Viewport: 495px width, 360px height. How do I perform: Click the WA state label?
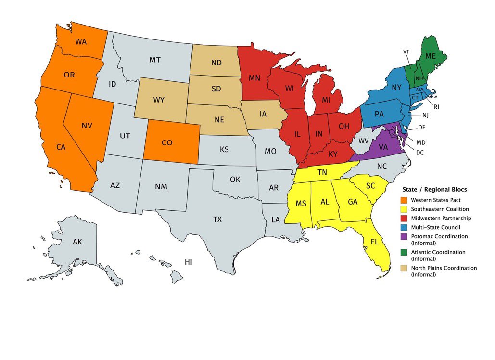81,41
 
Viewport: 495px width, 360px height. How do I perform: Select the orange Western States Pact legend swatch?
406,200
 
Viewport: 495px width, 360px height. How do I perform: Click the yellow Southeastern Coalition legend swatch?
406,209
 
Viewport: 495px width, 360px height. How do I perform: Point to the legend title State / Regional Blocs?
434,190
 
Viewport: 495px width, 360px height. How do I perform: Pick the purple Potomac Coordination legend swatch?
406,236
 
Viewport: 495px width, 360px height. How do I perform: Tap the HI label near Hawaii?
189,262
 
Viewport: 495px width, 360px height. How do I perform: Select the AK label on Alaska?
77,242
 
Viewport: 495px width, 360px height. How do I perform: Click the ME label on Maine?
431,56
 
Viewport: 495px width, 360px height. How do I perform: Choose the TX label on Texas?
217,219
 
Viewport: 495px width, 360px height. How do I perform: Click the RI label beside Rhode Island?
436,107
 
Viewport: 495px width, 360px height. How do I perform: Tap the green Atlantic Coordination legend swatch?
406,252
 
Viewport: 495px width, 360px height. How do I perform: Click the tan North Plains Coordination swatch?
406,268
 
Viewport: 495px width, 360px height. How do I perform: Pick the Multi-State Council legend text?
435,227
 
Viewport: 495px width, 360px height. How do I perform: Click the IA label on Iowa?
263,115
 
